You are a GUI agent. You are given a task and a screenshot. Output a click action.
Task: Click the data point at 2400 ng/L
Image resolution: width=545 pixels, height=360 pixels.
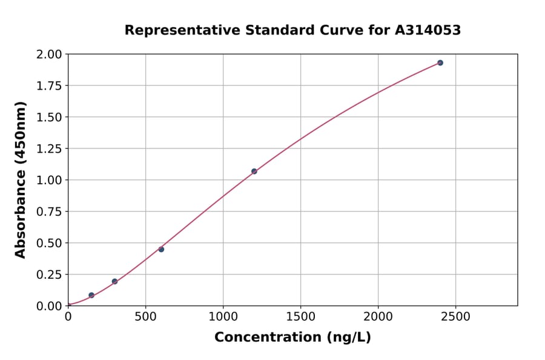tap(440, 63)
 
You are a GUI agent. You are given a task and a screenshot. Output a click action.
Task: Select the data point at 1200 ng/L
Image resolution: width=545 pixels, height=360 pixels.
tap(254, 172)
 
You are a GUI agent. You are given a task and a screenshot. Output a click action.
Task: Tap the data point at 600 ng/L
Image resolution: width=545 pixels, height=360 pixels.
tap(161, 249)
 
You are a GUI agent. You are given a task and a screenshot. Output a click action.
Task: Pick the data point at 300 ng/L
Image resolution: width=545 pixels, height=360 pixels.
tap(114, 281)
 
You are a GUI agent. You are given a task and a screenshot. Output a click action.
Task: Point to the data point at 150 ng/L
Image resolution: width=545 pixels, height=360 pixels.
tap(91, 295)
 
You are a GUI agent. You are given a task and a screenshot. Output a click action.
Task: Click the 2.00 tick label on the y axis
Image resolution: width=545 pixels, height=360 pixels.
tap(49, 55)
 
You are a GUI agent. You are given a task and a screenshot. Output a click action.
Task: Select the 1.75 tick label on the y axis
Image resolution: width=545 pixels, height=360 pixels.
tap(49, 86)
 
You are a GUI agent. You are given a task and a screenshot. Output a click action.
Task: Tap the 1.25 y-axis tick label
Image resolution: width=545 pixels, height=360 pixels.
tap(49, 148)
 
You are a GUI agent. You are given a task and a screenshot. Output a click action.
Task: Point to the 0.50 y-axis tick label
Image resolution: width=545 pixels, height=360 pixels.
tap(49, 243)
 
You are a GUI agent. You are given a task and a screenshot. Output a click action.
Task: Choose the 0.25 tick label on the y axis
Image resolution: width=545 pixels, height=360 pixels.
tap(49, 275)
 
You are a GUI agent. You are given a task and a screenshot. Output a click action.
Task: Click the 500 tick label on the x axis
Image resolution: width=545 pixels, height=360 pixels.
tap(145, 317)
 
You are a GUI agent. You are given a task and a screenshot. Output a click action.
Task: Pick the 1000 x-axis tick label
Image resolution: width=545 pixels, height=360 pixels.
tap(223, 317)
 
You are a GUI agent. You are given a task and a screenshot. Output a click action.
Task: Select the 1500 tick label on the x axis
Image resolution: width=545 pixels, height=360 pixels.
tap(301, 317)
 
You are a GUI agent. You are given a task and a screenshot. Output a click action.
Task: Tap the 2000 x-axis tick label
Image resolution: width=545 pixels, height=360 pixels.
tap(378, 317)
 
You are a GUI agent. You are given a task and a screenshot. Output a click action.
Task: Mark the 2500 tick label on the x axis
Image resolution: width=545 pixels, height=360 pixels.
tap(456, 317)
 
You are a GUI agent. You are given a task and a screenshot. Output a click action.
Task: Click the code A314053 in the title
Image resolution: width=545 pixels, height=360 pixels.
tap(429, 30)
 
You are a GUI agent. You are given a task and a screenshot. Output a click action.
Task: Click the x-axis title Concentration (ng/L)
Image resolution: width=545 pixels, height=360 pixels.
tap(292, 338)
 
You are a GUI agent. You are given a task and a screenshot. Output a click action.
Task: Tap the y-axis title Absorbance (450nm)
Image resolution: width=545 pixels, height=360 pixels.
tap(21, 180)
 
